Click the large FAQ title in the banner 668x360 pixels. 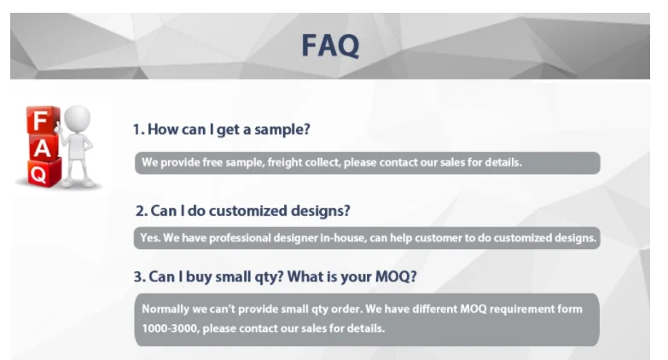330,45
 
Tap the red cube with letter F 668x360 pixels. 42,119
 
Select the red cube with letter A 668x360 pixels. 43,148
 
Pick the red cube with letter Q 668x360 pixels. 44,173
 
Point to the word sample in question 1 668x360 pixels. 282,130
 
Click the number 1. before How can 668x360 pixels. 139,129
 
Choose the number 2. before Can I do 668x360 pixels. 142,211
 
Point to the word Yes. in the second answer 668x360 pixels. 150,238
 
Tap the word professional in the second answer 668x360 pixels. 240,238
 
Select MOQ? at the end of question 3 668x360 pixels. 396,277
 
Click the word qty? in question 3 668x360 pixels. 269,277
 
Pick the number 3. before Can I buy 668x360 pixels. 140,277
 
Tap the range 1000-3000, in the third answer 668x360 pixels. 171,328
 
